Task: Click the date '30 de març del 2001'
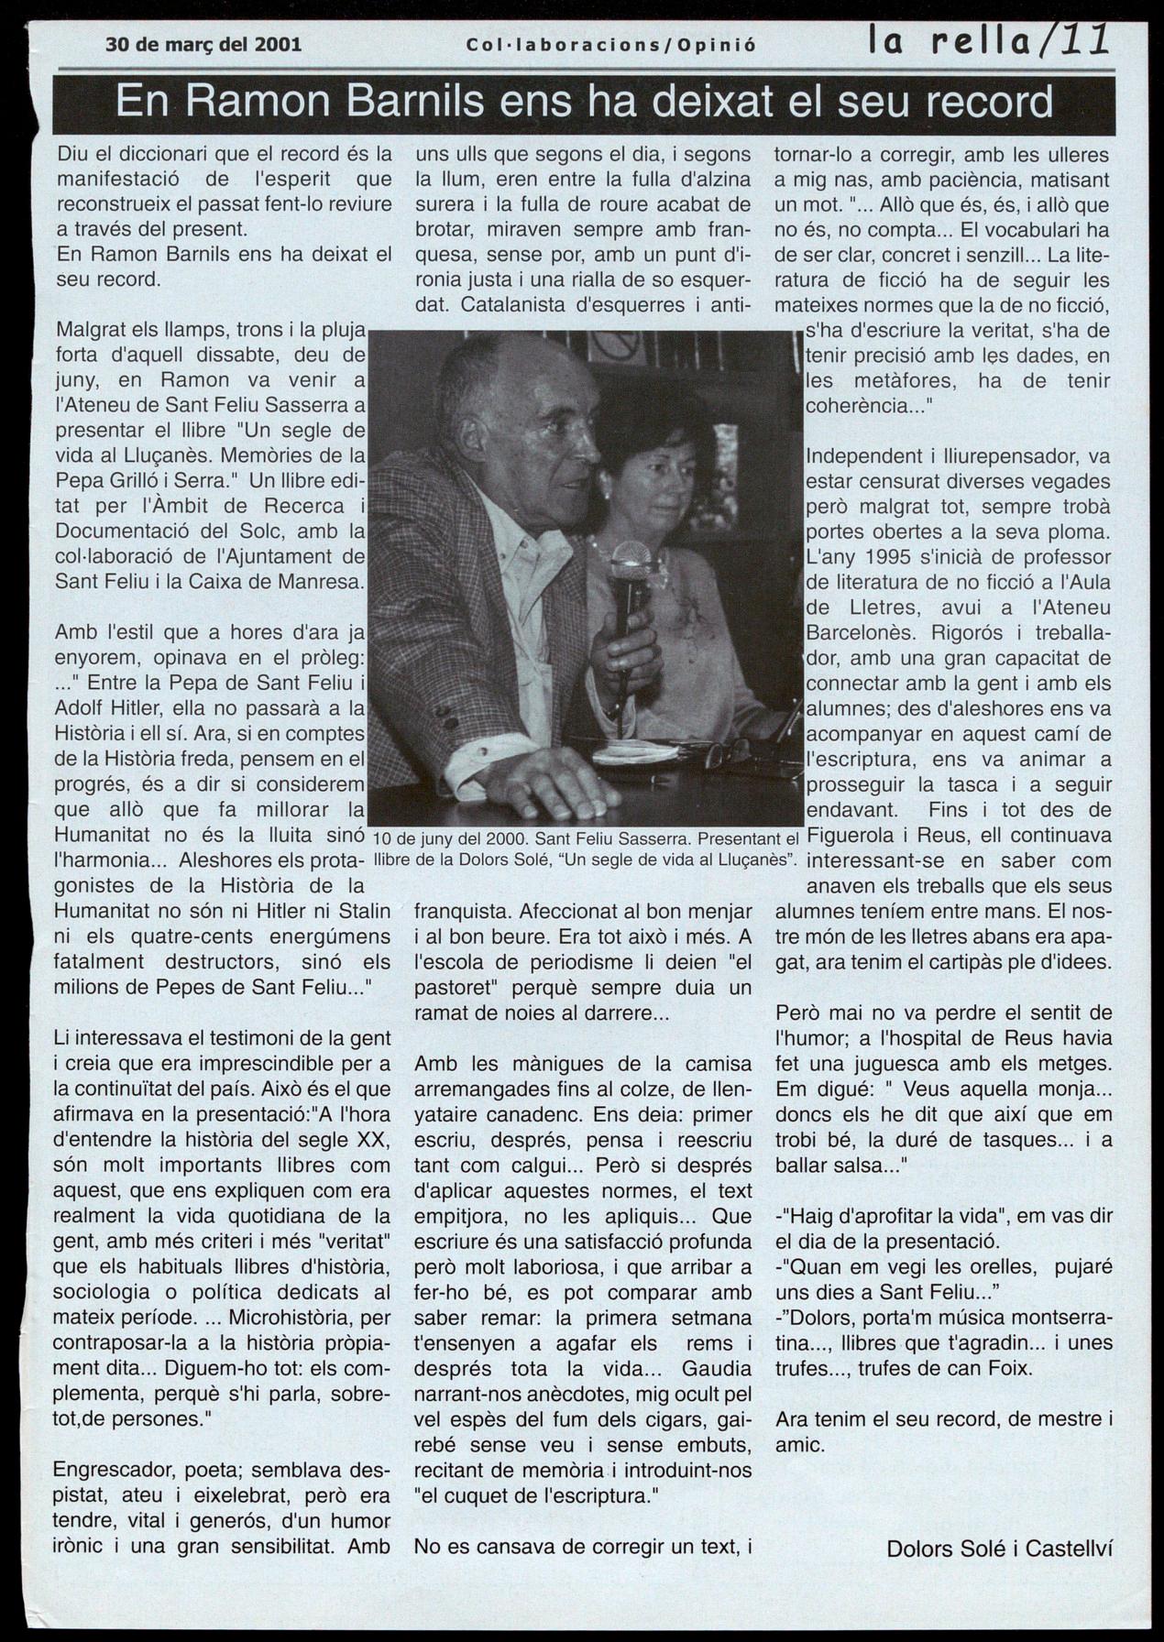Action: tap(203, 43)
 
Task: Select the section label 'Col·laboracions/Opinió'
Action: tap(611, 44)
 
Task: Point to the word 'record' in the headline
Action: tap(988, 103)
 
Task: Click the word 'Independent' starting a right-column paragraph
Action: tap(859, 456)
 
